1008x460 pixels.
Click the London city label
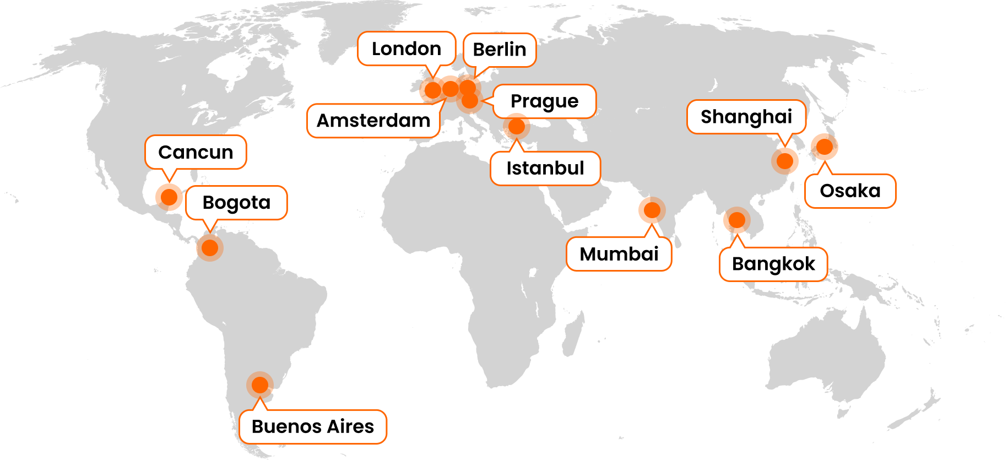click(x=407, y=49)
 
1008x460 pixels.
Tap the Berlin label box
click(x=499, y=50)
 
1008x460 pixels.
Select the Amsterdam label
click(x=373, y=121)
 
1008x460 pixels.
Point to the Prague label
click(x=544, y=101)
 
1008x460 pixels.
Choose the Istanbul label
click(x=545, y=168)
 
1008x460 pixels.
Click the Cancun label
click(x=196, y=152)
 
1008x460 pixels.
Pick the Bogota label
click(x=236, y=203)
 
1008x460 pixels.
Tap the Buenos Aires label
click(x=312, y=426)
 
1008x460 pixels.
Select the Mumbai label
click(x=619, y=254)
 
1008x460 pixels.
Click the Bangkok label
click(x=773, y=264)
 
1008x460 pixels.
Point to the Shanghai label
click(x=746, y=117)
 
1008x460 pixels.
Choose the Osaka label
click(x=850, y=191)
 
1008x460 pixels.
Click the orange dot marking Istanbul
click(x=517, y=126)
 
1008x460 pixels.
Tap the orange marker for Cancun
click(x=169, y=196)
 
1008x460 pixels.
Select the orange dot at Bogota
click(x=210, y=247)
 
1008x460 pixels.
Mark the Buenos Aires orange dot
click(x=259, y=384)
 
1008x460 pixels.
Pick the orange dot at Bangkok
click(x=736, y=220)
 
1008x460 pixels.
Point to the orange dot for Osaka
click(x=825, y=147)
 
